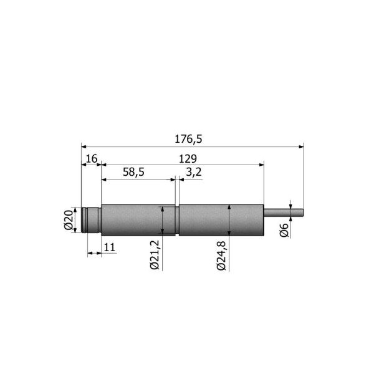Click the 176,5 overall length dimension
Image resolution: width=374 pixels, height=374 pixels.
coord(188,139)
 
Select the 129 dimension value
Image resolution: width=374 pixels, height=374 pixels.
coord(188,159)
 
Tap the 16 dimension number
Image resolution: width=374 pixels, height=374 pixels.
coord(92,158)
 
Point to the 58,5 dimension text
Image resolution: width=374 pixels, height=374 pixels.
coord(133,172)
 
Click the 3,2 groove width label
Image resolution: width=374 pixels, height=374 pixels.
coord(194,172)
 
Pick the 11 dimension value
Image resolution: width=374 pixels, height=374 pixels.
coord(110,247)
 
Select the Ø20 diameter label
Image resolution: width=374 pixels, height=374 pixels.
coord(68,219)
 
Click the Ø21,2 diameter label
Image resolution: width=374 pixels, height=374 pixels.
coord(155,255)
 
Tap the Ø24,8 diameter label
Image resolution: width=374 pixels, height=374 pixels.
coord(221,256)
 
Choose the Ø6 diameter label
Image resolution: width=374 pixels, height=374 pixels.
coord(284,230)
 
